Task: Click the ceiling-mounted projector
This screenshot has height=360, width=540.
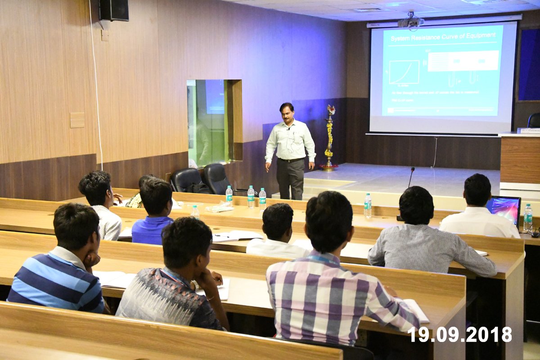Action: [x=410, y=22]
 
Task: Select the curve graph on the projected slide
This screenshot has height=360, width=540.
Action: [x=404, y=72]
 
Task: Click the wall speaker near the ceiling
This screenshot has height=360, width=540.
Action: [x=113, y=10]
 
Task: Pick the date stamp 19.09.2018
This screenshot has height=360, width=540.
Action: [x=459, y=334]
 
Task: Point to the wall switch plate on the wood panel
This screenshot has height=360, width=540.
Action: [x=77, y=120]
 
